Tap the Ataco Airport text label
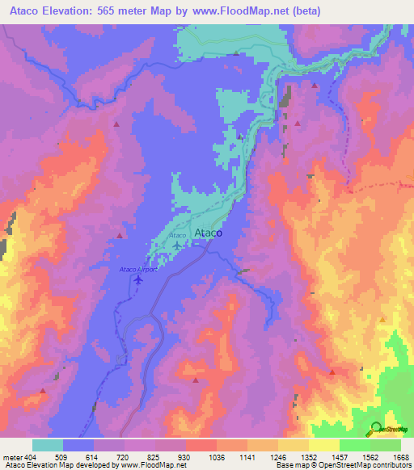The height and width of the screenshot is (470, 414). pos(138,269)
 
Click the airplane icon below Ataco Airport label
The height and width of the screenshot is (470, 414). pos(138,279)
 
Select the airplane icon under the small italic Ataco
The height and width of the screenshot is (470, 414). pos(178,244)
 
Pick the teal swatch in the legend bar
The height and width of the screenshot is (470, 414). pos(48,445)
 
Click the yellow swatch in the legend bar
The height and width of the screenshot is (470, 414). pos(323,445)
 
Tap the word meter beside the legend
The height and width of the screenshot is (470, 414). pos(12,457)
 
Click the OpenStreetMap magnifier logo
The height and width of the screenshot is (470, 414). pos(377,428)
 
